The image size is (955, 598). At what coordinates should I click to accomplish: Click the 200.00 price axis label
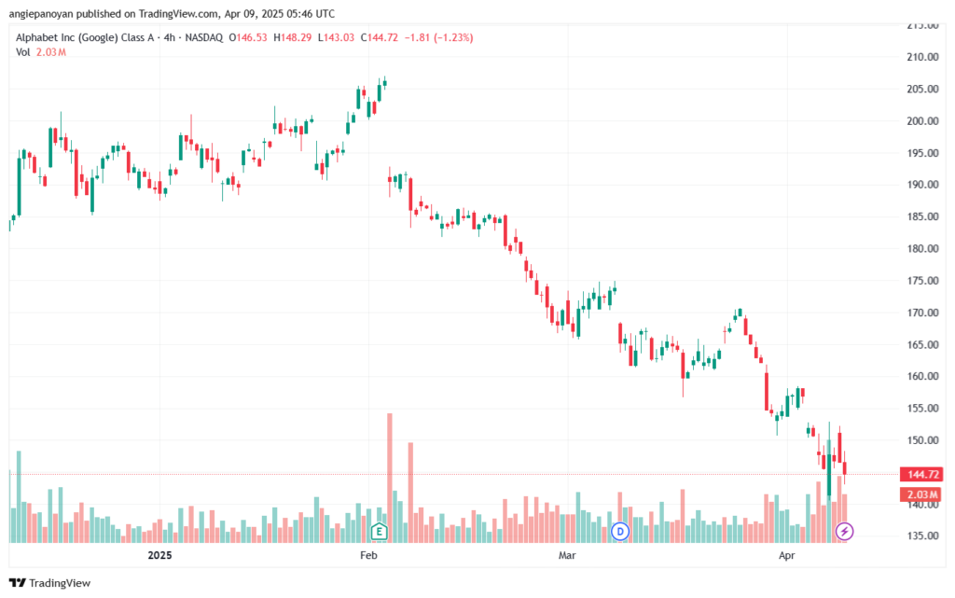(922, 121)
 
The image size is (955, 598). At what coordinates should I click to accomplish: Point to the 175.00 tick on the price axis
(922, 281)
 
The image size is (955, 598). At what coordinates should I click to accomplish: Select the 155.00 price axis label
(922, 409)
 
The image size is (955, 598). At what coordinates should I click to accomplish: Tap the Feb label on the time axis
(368, 555)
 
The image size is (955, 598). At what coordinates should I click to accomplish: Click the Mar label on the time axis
(567, 555)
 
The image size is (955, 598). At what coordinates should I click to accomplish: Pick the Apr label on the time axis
(787, 555)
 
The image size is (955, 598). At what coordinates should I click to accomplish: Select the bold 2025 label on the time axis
(160, 555)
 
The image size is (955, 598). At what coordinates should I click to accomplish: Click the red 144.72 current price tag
(922, 474)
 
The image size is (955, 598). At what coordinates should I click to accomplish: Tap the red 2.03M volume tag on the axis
(922, 494)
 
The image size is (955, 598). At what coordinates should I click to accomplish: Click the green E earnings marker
(379, 532)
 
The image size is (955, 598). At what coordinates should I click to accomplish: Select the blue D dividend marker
(620, 532)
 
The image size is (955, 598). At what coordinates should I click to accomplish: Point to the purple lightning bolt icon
(844, 532)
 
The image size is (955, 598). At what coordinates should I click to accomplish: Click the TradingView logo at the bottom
(50, 583)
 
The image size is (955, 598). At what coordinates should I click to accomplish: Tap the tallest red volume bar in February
(390, 478)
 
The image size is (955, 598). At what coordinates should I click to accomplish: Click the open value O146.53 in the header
(248, 37)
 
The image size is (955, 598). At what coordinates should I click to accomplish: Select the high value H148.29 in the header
(292, 37)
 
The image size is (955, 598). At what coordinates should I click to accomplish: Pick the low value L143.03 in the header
(336, 37)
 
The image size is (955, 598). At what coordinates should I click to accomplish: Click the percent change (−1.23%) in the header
(453, 37)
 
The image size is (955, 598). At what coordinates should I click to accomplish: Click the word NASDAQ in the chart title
(204, 37)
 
